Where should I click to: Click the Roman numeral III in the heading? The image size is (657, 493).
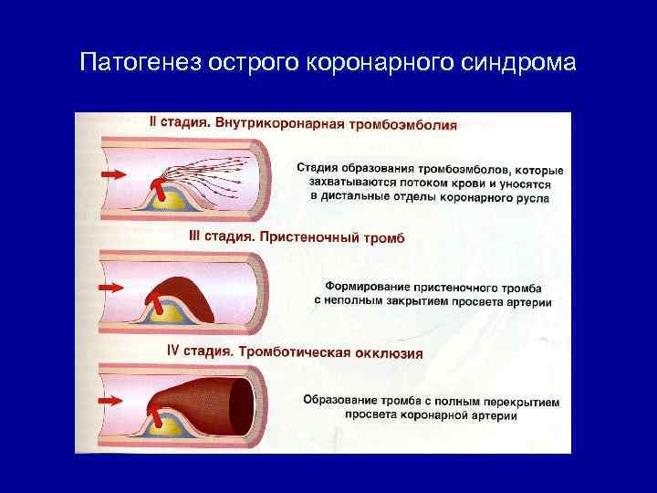point(196,236)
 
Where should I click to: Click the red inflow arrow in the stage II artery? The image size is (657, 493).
point(112,173)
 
